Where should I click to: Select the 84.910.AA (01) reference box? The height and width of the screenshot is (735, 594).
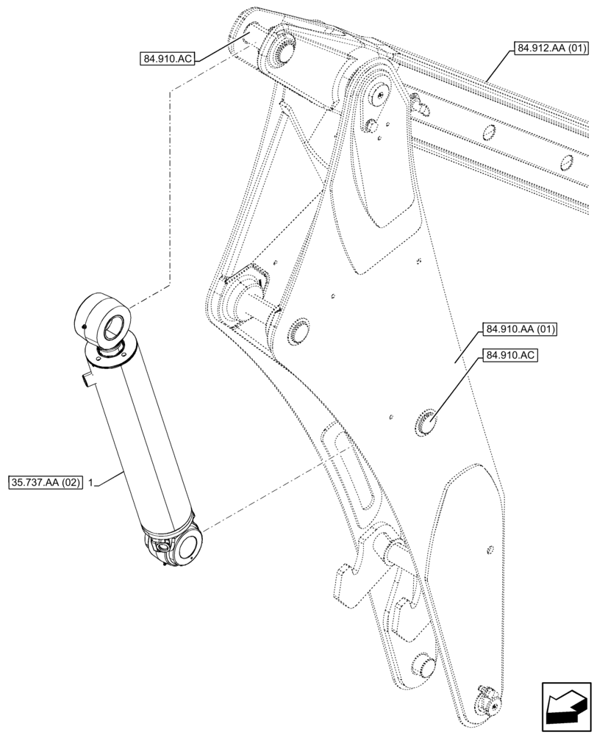pos(519,329)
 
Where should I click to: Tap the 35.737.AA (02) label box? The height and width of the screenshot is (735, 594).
pos(45,482)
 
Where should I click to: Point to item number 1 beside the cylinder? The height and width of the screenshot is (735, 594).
pos(89,482)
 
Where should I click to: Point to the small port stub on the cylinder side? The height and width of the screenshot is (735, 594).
pos(86,380)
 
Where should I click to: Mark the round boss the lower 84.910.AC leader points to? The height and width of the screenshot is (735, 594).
pos(426,423)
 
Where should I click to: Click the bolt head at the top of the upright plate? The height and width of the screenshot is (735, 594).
pos(379,92)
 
